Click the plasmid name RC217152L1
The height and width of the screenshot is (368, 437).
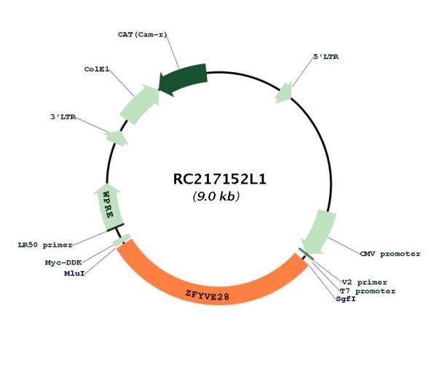(x=216, y=179)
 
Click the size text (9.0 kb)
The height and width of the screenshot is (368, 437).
(x=216, y=197)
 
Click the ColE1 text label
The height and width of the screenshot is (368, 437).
(x=97, y=69)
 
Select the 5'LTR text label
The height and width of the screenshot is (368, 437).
(x=326, y=56)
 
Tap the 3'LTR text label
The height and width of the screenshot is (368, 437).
(x=64, y=117)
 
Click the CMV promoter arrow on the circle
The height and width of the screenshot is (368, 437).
(x=318, y=231)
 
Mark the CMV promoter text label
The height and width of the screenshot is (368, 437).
(x=390, y=254)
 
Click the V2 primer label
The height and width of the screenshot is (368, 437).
(x=364, y=281)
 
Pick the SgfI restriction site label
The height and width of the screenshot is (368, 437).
(x=346, y=299)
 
